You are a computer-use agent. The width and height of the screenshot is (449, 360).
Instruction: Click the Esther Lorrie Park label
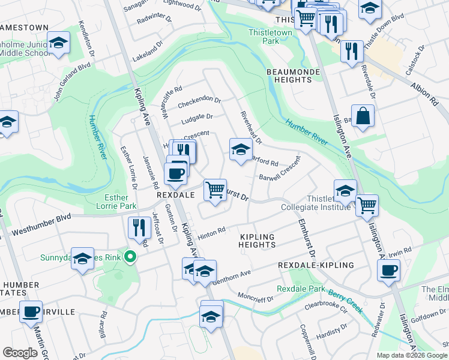coord(116,202)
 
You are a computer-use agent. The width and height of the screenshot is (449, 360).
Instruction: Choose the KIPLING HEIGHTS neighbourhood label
coord(257,241)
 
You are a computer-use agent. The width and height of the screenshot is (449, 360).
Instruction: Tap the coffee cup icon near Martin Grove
coord(31,311)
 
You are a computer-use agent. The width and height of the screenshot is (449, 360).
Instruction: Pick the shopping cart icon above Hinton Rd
coord(214,190)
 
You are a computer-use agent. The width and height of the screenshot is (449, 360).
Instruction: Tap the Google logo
coord(20,353)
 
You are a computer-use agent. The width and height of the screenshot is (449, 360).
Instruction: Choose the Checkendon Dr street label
coord(201,100)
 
